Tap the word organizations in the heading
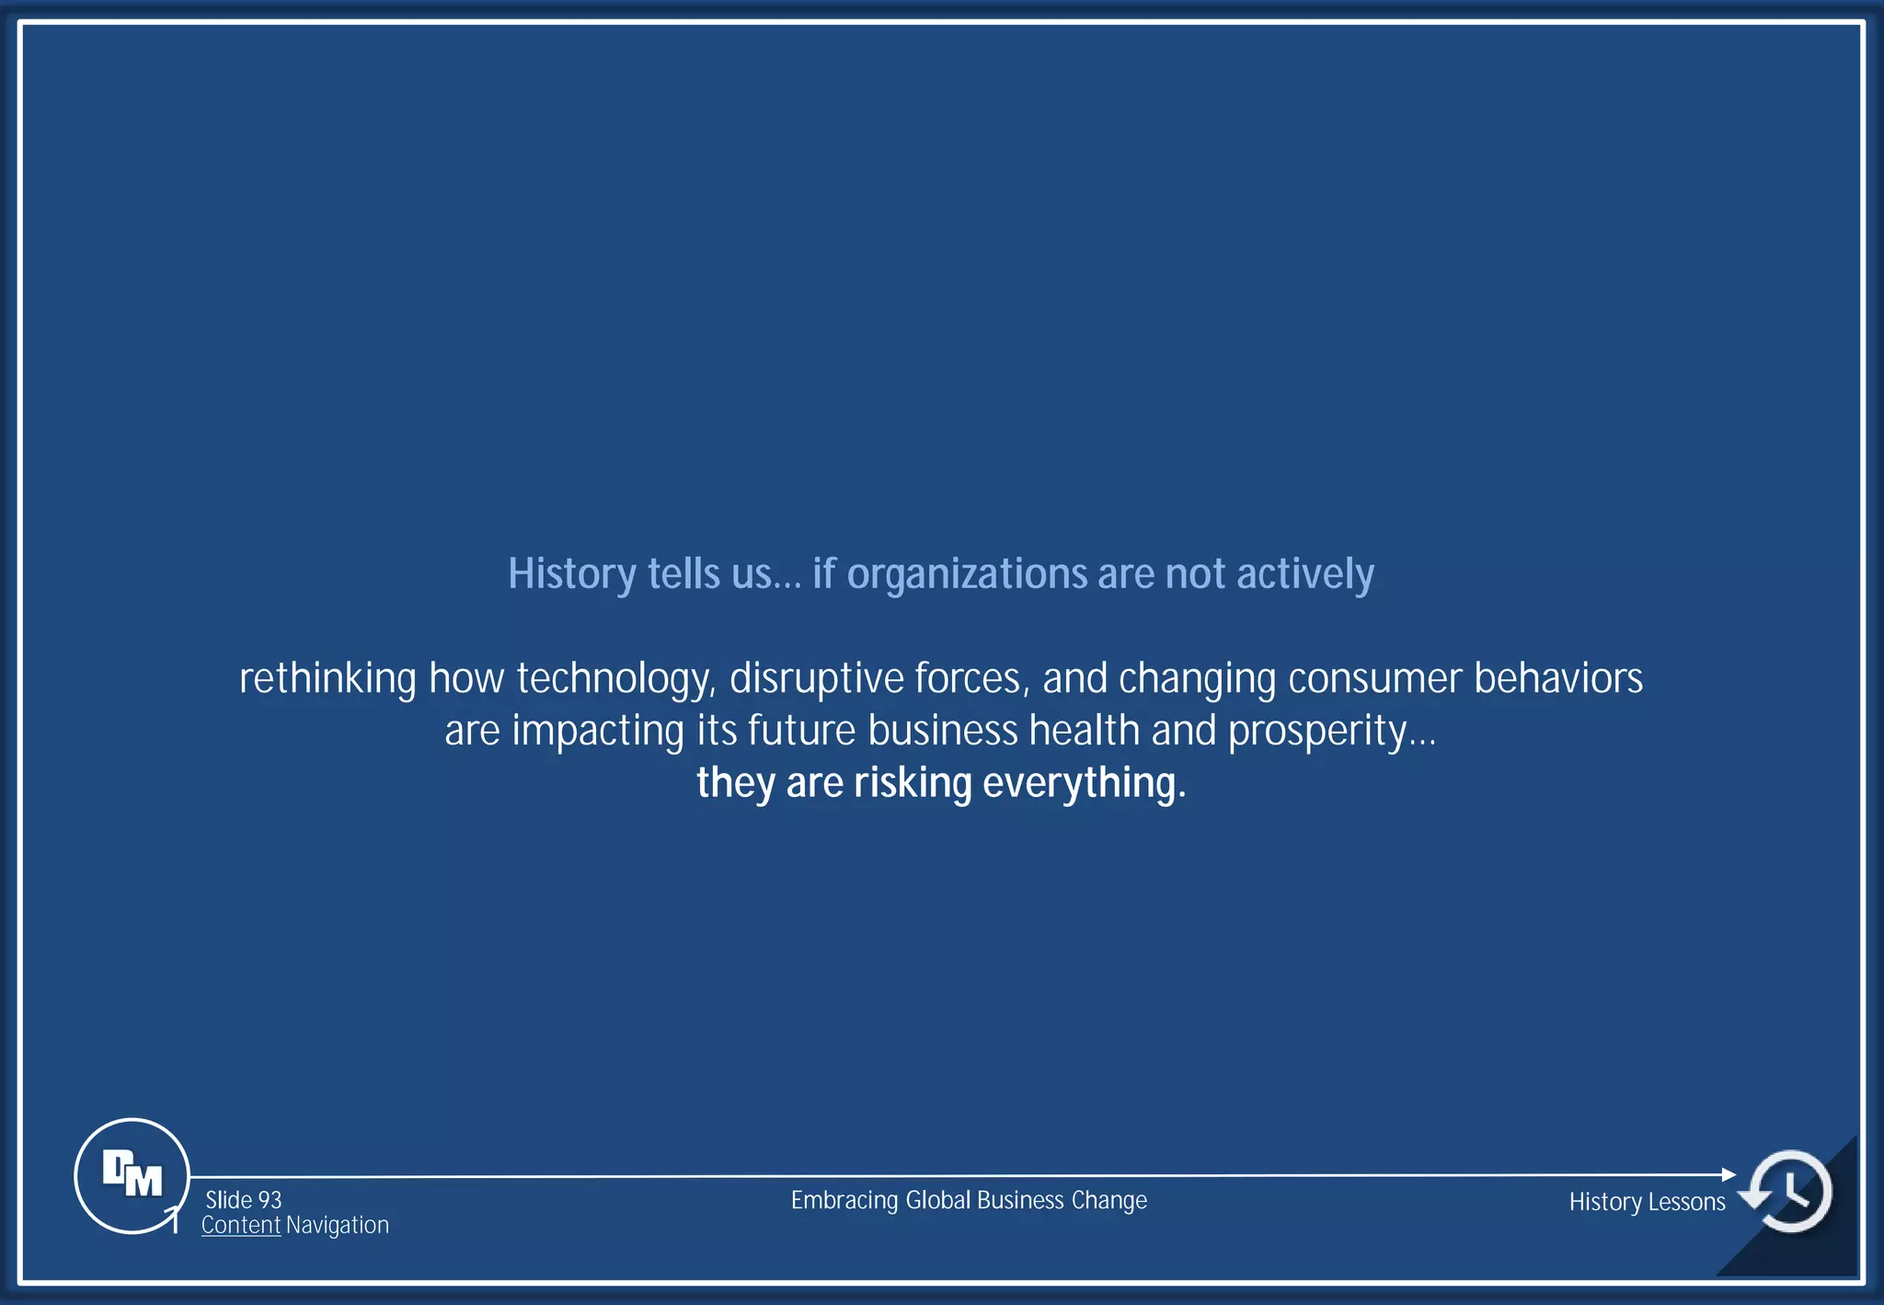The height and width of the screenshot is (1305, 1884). pyautogui.click(x=967, y=574)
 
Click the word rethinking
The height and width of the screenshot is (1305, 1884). pyautogui.click(x=327, y=679)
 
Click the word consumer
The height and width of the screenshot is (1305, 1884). pyautogui.click(x=1374, y=679)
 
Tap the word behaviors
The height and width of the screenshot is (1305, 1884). pyautogui.click(x=1558, y=679)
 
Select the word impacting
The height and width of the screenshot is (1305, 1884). pyautogui.click(x=598, y=732)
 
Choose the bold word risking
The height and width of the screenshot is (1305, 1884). pyautogui.click(x=913, y=783)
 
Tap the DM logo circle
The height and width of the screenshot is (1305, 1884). pyautogui.click(x=132, y=1175)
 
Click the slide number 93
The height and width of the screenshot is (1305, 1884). pyautogui.click(x=269, y=1200)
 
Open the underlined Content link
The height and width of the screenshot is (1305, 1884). pyautogui.click(x=241, y=1225)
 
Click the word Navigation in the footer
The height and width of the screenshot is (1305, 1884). pyautogui.click(x=338, y=1225)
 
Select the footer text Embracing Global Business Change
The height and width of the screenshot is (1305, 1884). pyautogui.click(x=969, y=1200)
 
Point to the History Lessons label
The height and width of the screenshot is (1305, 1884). pyautogui.click(x=1647, y=1202)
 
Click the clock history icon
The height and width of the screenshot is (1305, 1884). pyautogui.click(x=1789, y=1191)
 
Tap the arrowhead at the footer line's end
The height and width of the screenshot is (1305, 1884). pyautogui.click(x=1729, y=1174)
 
